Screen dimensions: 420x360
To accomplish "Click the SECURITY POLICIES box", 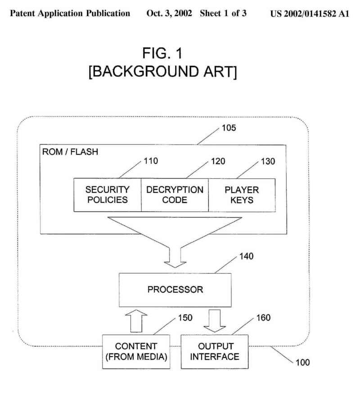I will (108, 194).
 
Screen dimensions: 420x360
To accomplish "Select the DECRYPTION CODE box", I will (175, 194).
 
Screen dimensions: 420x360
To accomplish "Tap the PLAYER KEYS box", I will (241, 194).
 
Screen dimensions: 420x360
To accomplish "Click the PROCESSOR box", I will (175, 289).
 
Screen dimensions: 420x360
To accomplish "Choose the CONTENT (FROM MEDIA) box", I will (136, 352).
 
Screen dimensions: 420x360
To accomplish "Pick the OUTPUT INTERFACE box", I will (215, 352).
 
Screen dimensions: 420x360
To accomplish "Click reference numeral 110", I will (151, 161).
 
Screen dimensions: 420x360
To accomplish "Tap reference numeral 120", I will (217, 161).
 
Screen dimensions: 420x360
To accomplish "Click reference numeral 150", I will (184, 318).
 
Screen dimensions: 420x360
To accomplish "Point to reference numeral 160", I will (263, 318).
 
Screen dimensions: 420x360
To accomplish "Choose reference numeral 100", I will (302, 361).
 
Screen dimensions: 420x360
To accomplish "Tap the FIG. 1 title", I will (162, 54).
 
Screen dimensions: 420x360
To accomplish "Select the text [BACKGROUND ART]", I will (162, 72).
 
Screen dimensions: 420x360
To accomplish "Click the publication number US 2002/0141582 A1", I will (310, 13).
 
